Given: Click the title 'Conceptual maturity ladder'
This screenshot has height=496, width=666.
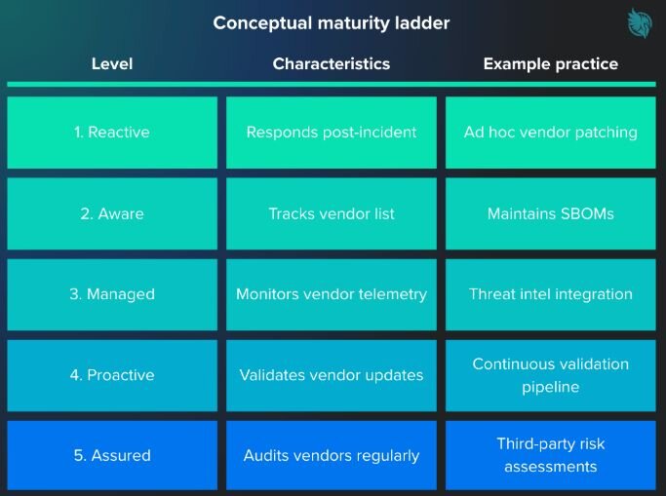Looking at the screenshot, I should tap(332, 22).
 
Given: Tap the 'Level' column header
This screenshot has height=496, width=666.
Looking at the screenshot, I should tap(112, 64).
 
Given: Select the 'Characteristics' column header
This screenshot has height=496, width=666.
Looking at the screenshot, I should tap(332, 64).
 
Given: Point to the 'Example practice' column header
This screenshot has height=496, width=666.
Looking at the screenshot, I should tap(551, 64).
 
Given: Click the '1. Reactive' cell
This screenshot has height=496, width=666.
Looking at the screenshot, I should tap(112, 133).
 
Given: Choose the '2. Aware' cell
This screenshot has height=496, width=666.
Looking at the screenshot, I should tap(112, 213).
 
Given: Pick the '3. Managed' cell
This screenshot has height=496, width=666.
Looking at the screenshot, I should tap(112, 294).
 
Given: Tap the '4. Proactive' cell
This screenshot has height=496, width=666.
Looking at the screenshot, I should tap(112, 375).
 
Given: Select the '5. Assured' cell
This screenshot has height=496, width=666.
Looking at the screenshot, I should tap(112, 455).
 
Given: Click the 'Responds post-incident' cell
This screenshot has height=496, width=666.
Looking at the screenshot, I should tap(332, 133).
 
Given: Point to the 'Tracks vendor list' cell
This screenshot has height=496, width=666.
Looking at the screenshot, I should tap(332, 213).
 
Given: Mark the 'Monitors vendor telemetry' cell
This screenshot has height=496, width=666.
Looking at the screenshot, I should tap(332, 294).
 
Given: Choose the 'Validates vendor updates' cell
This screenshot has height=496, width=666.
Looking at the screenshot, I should tap(332, 375).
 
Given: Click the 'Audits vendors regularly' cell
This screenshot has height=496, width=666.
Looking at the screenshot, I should tap(332, 455).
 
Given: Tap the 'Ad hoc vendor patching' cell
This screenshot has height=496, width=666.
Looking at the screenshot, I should tap(551, 133).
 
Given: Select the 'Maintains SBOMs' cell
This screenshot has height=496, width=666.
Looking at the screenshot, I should tap(551, 213).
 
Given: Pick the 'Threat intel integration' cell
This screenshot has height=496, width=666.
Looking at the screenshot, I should tap(551, 294).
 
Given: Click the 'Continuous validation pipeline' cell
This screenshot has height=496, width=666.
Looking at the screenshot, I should tap(551, 375).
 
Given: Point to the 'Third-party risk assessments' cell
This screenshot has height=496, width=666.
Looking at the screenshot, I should tap(551, 455).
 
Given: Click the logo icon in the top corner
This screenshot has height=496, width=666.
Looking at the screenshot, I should tap(638, 24).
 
